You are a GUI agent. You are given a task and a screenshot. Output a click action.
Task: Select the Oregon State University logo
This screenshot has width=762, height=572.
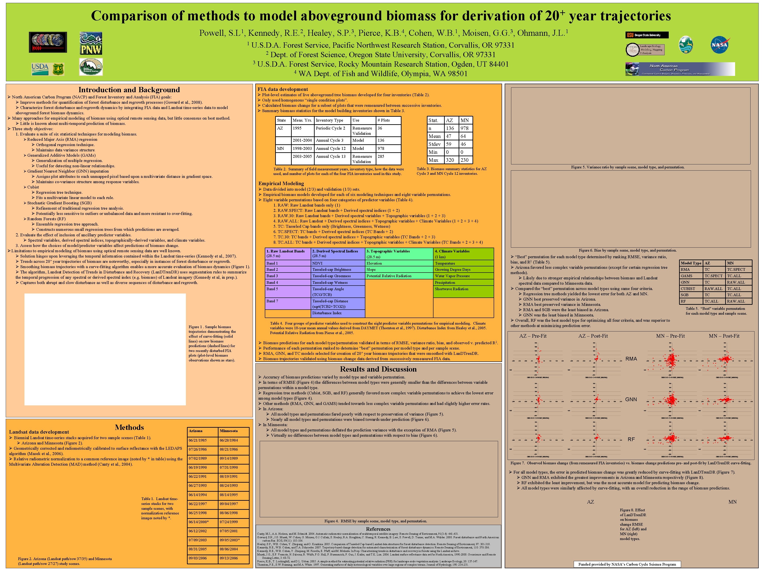(647, 35)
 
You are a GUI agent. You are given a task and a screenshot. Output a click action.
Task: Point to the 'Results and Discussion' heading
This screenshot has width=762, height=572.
(378, 369)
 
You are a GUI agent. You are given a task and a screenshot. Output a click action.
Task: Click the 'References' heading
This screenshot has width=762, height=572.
(378, 529)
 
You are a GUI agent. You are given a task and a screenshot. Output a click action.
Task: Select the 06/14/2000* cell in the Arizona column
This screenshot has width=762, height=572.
(198, 522)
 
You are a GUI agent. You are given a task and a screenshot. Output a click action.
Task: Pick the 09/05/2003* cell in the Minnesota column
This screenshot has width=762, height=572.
(230, 540)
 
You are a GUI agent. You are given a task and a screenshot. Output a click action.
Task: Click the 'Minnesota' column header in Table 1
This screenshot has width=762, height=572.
(229, 431)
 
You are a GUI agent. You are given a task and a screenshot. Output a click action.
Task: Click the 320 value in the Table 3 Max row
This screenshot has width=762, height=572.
(450, 160)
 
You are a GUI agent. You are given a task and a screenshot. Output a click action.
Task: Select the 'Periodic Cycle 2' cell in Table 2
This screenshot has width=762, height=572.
(330, 128)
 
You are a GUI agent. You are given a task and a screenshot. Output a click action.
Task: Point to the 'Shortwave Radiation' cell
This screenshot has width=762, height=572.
(451, 289)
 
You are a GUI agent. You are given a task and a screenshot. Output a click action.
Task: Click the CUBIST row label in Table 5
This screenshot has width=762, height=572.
(688, 289)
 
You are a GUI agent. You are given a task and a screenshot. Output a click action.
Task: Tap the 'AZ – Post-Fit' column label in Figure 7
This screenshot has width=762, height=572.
(593, 336)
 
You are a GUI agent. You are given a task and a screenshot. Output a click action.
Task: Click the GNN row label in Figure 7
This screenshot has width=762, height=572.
(631, 399)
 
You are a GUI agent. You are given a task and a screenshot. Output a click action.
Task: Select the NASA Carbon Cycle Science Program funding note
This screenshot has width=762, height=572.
(627, 564)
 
